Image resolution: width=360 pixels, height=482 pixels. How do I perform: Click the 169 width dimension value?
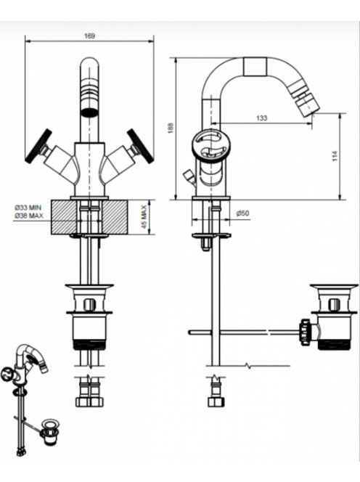[x=89, y=36]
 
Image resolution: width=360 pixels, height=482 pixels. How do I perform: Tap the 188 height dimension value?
[x=171, y=128]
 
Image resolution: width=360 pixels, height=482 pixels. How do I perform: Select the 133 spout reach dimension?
[x=261, y=118]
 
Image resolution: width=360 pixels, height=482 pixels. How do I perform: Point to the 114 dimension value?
[x=335, y=156]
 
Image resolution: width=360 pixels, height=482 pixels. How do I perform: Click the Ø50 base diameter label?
[x=243, y=213]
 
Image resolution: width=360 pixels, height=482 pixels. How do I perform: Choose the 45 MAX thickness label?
[x=144, y=217]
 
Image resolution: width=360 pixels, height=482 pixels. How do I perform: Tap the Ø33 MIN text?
[x=28, y=208]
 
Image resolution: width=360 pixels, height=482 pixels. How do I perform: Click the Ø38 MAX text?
[x=29, y=216]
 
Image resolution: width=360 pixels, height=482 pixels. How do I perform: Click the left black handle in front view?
[x=38, y=144]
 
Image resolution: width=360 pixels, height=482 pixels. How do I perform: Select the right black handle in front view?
[x=140, y=144]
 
